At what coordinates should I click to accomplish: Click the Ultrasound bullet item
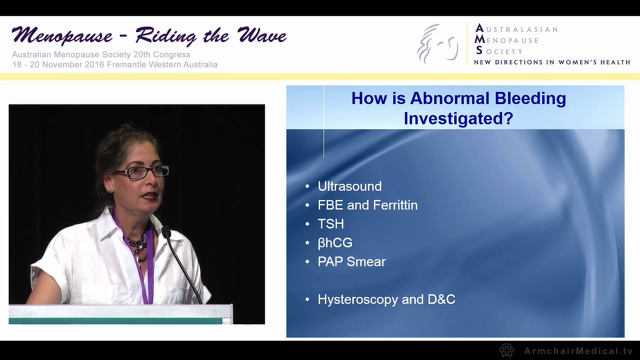[x=349, y=186]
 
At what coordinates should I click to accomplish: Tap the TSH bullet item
[x=330, y=224]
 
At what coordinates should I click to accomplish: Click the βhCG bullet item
[x=335, y=243]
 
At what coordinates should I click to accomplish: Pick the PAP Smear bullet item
[x=351, y=261]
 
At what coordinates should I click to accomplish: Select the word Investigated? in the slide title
[x=458, y=118]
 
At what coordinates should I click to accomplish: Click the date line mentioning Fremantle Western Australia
[x=114, y=64]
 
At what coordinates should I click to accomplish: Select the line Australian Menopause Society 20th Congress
[x=101, y=55]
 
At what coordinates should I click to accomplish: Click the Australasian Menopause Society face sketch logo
[x=438, y=44]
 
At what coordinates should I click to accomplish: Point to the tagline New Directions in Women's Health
[x=551, y=62]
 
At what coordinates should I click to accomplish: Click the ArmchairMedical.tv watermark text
[x=578, y=351]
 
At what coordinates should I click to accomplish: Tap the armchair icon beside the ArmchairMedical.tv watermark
[x=506, y=350]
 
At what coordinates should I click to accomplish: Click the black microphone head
[x=166, y=232]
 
